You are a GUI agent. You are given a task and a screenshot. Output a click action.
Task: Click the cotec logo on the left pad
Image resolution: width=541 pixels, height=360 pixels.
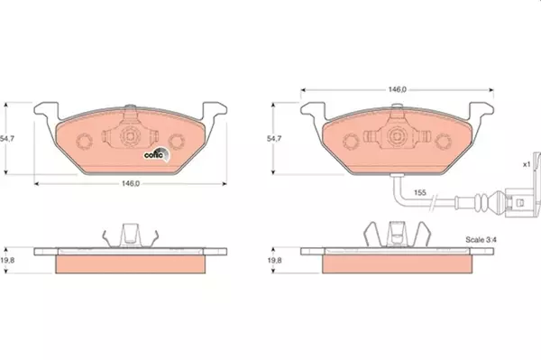pos(157,154)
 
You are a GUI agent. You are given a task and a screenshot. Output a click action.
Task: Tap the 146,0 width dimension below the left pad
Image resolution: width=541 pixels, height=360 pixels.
pos(131,184)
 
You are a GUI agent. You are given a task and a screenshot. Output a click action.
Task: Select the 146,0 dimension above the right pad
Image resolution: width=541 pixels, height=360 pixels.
pos(398,89)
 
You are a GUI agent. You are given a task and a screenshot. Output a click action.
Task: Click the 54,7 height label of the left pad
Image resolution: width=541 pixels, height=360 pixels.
pos(7,139)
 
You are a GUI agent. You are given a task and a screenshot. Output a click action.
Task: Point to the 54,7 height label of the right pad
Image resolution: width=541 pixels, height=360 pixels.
pos(274,139)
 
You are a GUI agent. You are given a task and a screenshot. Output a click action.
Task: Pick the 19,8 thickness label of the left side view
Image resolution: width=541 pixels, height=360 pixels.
pos(7,260)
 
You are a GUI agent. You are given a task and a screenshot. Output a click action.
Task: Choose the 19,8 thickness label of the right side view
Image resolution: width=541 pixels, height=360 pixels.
pos(274,260)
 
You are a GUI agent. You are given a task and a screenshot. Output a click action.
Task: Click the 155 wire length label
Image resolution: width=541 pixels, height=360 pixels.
pos(420,192)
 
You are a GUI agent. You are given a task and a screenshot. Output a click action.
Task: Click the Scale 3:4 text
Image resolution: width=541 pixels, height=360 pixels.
pos(481,239)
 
